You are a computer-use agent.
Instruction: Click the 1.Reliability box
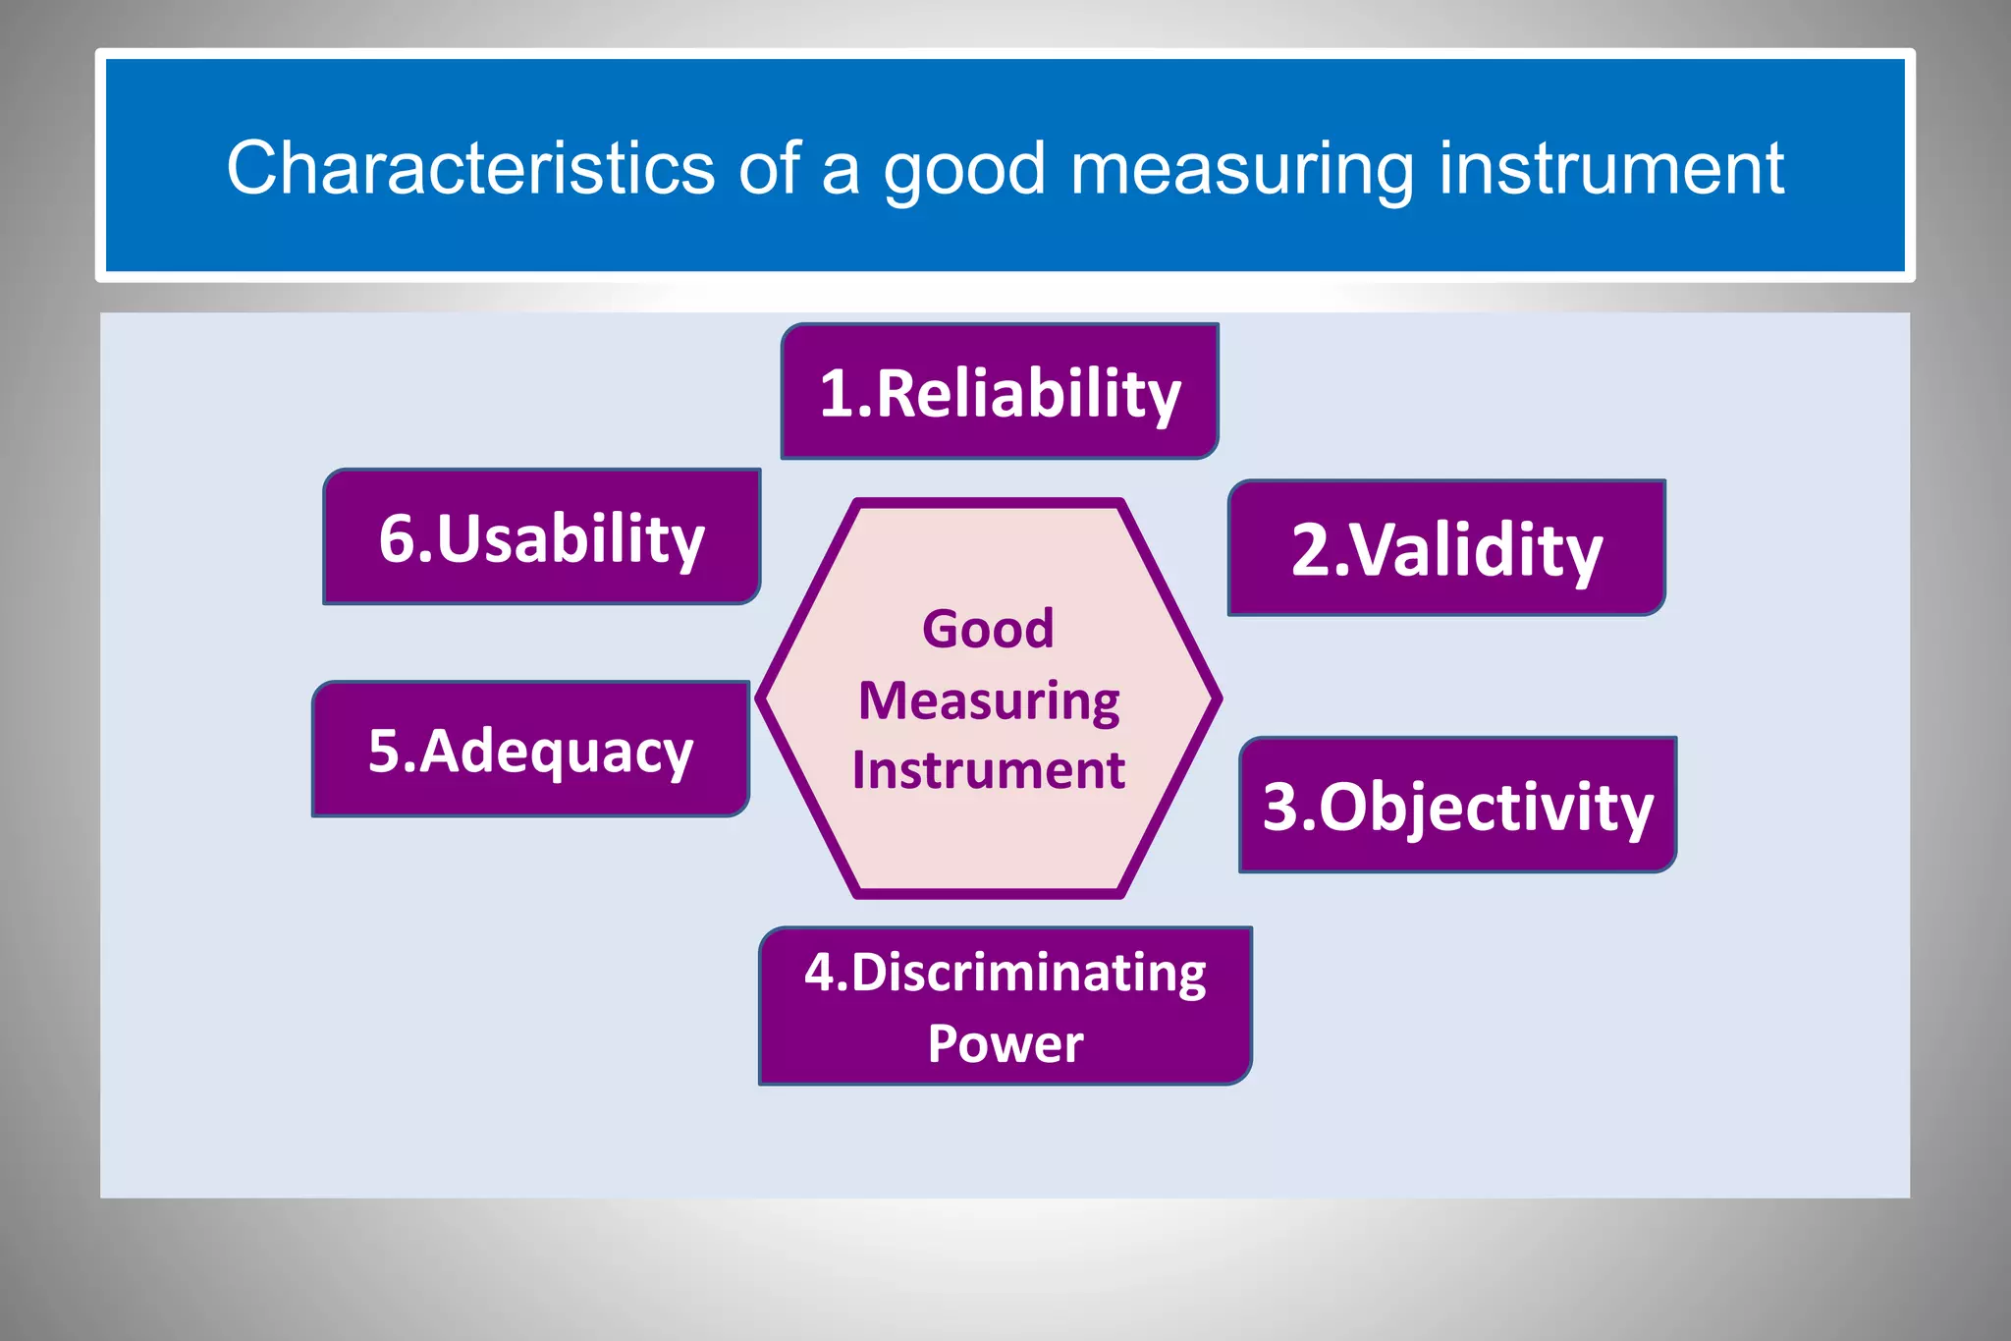(1000, 392)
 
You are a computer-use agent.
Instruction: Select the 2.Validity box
(1446, 548)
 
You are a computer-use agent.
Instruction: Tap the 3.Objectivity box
(1457, 805)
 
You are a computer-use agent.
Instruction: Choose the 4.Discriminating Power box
(1005, 1006)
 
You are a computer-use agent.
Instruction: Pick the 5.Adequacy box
(530, 750)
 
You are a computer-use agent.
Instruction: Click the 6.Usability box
(541, 537)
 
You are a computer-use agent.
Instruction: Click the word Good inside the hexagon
(988, 629)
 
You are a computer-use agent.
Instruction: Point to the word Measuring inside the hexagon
(989, 701)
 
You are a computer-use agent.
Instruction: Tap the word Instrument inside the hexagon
(988, 770)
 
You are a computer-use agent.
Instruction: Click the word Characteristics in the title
(470, 167)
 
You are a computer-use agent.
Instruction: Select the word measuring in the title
(1242, 169)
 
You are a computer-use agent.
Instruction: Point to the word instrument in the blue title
(1610, 167)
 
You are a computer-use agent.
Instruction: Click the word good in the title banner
(964, 169)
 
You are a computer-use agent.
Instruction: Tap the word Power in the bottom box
(1005, 1043)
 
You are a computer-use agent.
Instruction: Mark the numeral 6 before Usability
(396, 539)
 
